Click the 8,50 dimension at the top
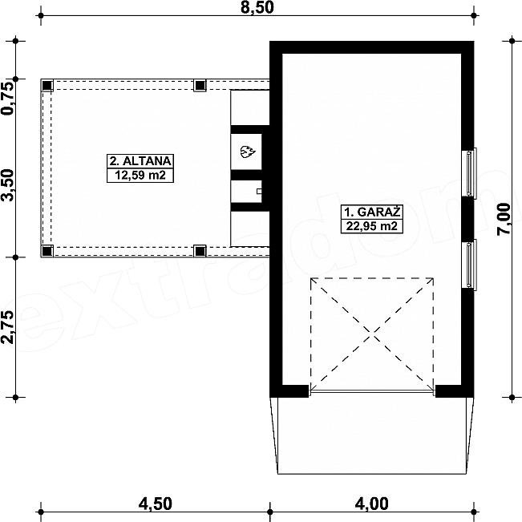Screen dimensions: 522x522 coord(257,7)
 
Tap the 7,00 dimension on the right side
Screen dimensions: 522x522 coord(504,220)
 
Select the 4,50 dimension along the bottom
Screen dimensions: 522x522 coord(155,504)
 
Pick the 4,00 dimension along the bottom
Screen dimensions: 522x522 coord(371,504)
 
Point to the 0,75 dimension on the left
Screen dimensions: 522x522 coord(7,99)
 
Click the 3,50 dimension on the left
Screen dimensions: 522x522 coord(7,185)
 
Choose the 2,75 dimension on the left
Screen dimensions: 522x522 coord(7,327)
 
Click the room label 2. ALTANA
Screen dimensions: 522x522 coord(140,161)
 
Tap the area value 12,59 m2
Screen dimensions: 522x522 coord(140,175)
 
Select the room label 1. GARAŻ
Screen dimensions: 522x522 coord(372,212)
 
